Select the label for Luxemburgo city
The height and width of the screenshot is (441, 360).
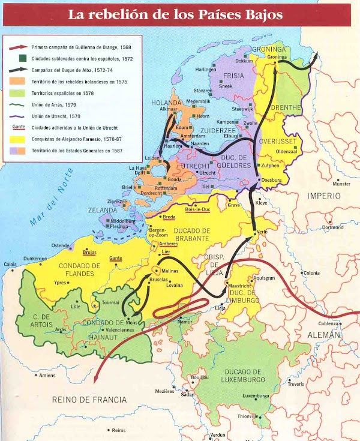255,396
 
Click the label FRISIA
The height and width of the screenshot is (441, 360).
233,76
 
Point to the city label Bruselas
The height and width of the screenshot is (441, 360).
157,280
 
